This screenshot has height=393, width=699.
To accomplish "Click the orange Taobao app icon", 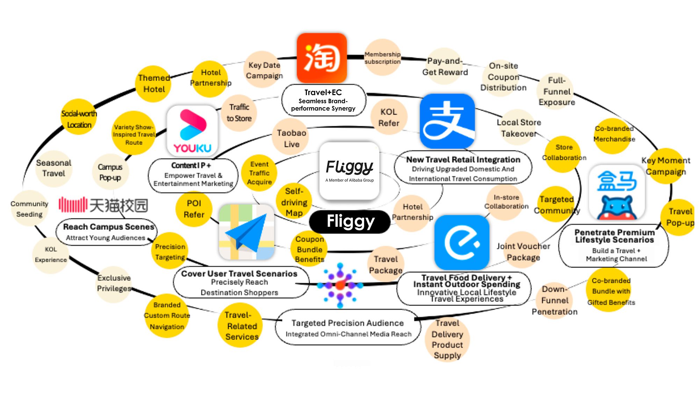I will [x=322, y=58].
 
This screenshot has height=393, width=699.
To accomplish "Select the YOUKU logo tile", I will [x=192, y=131].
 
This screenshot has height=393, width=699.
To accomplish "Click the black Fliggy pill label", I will [x=350, y=221].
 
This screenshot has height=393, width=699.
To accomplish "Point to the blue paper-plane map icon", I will [x=246, y=232].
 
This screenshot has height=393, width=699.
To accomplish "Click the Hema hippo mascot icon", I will [x=617, y=192].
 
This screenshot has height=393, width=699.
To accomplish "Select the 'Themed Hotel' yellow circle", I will [x=154, y=84].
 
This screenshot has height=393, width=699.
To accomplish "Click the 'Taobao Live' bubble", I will [x=291, y=138].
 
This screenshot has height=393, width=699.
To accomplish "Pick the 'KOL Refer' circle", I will [x=389, y=117].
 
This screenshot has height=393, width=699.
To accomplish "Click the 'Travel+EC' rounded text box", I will [x=323, y=100].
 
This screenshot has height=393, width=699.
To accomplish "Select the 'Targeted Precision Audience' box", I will [x=348, y=328].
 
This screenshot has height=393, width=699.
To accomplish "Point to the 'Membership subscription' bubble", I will [x=382, y=58].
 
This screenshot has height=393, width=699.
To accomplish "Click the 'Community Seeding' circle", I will [x=29, y=209].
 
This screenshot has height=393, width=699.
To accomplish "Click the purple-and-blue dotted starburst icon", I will [x=340, y=285].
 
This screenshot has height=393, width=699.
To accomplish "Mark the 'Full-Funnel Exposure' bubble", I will [x=556, y=91].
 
